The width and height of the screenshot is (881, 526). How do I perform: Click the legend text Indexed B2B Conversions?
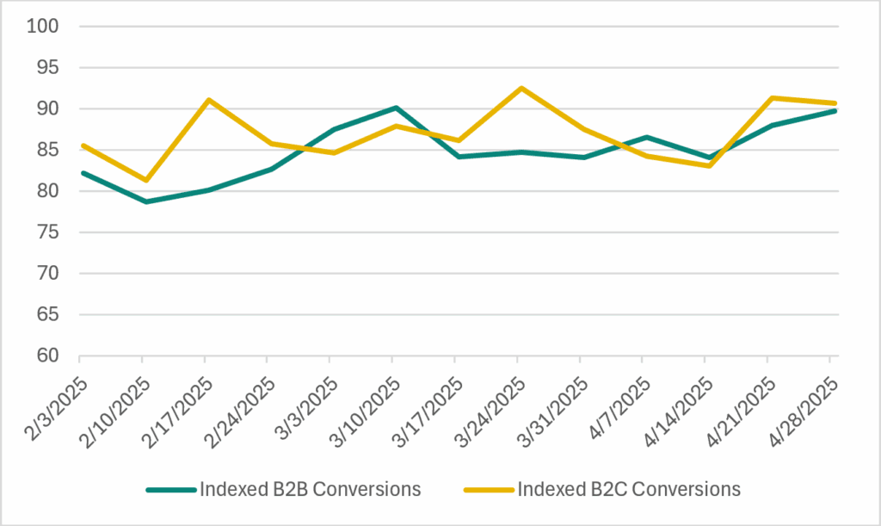310,490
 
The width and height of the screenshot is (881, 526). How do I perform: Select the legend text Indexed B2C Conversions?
629,490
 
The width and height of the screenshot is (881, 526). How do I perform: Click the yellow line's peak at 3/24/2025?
518,88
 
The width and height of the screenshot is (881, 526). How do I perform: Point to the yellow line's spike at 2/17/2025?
206,100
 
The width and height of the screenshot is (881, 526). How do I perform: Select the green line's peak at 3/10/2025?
394,108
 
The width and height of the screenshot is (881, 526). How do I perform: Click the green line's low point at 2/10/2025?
143,201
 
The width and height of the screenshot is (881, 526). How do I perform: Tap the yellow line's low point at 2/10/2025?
143,180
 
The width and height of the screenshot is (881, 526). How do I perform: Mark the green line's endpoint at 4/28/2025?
834,111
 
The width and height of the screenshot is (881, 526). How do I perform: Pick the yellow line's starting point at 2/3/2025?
80,145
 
